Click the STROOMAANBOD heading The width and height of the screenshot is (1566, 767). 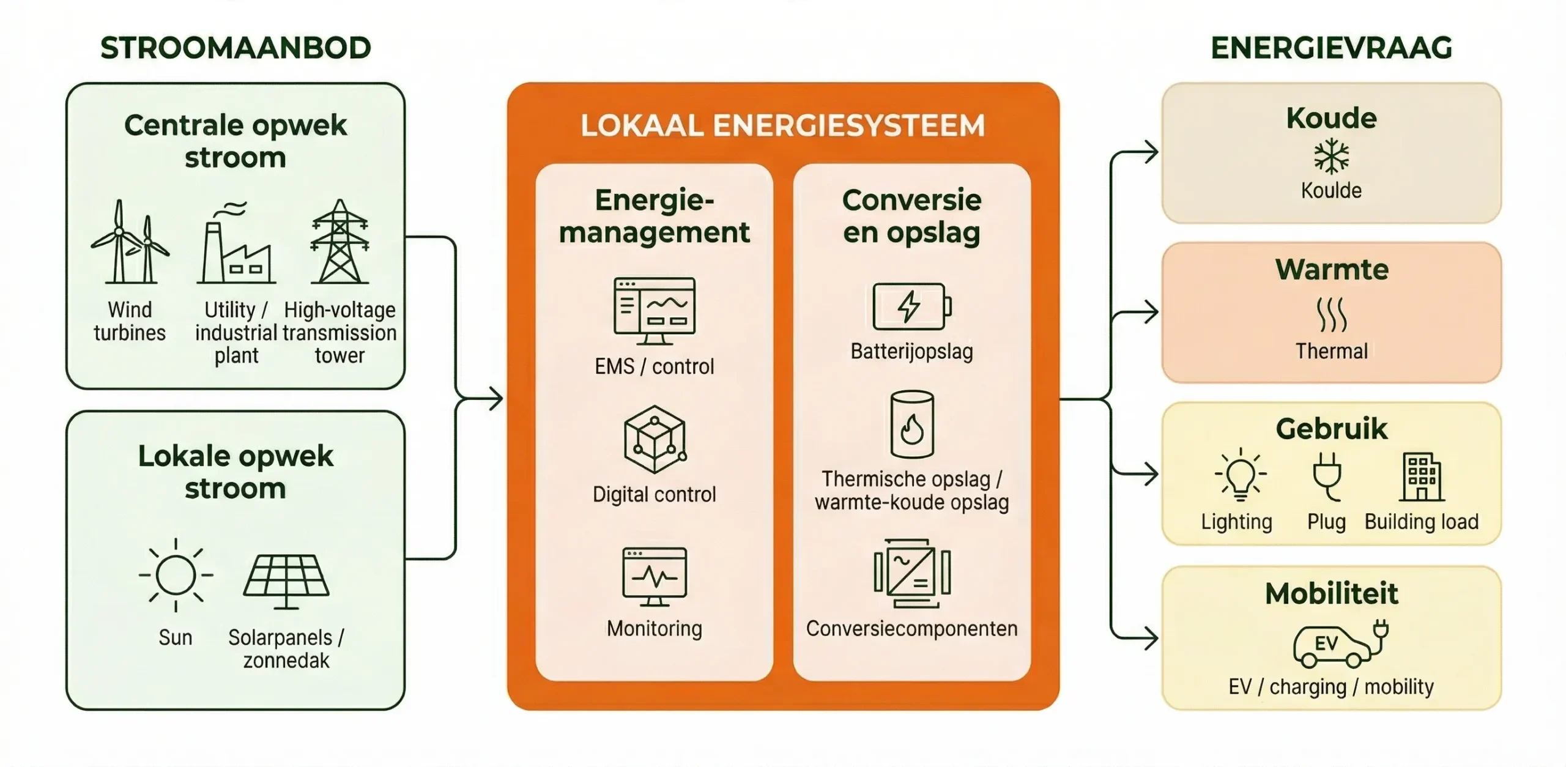(x=236, y=48)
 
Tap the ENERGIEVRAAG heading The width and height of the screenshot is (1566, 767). (x=1331, y=48)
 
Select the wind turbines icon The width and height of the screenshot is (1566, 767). (x=130, y=242)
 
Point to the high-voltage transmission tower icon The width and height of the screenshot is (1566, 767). (x=340, y=242)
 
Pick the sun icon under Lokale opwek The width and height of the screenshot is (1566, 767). (x=176, y=575)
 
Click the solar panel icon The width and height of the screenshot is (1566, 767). (x=286, y=581)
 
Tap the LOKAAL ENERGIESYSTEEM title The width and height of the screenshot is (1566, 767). (x=782, y=125)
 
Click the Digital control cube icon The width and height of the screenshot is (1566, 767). (x=655, y=439)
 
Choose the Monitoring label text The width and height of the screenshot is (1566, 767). (x=655, y=629)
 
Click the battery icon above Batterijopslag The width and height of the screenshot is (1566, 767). (x=911, y=306)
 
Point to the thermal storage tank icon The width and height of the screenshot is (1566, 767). (x=911, y=424)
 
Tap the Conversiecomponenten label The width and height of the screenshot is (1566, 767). (x=911, y=629)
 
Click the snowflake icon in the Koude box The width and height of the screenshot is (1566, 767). (x=1331, y=156)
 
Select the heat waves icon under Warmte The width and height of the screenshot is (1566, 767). (x=1331, y=315)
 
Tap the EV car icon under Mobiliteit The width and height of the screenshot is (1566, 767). (x=1340, y=645)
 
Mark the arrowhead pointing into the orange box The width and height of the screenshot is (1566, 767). (x=495, y=399)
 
